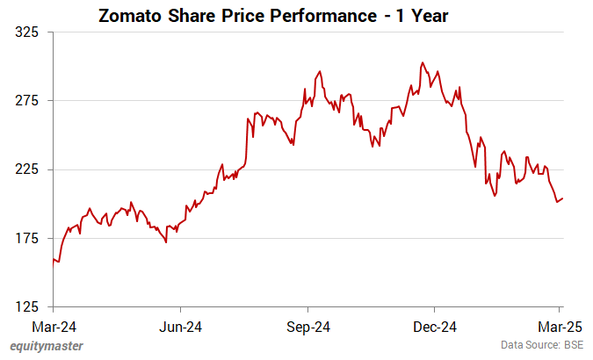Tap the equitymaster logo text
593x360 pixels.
click(x=47, y=346)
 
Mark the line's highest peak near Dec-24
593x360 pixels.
click(x=423, y=62)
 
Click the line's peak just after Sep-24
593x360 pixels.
click(x=319, y=71)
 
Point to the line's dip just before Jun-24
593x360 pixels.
click(x=166, y=241)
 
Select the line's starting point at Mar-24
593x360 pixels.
click(x=54, y=258)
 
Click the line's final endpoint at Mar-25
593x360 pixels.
click(x=562, y=198)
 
